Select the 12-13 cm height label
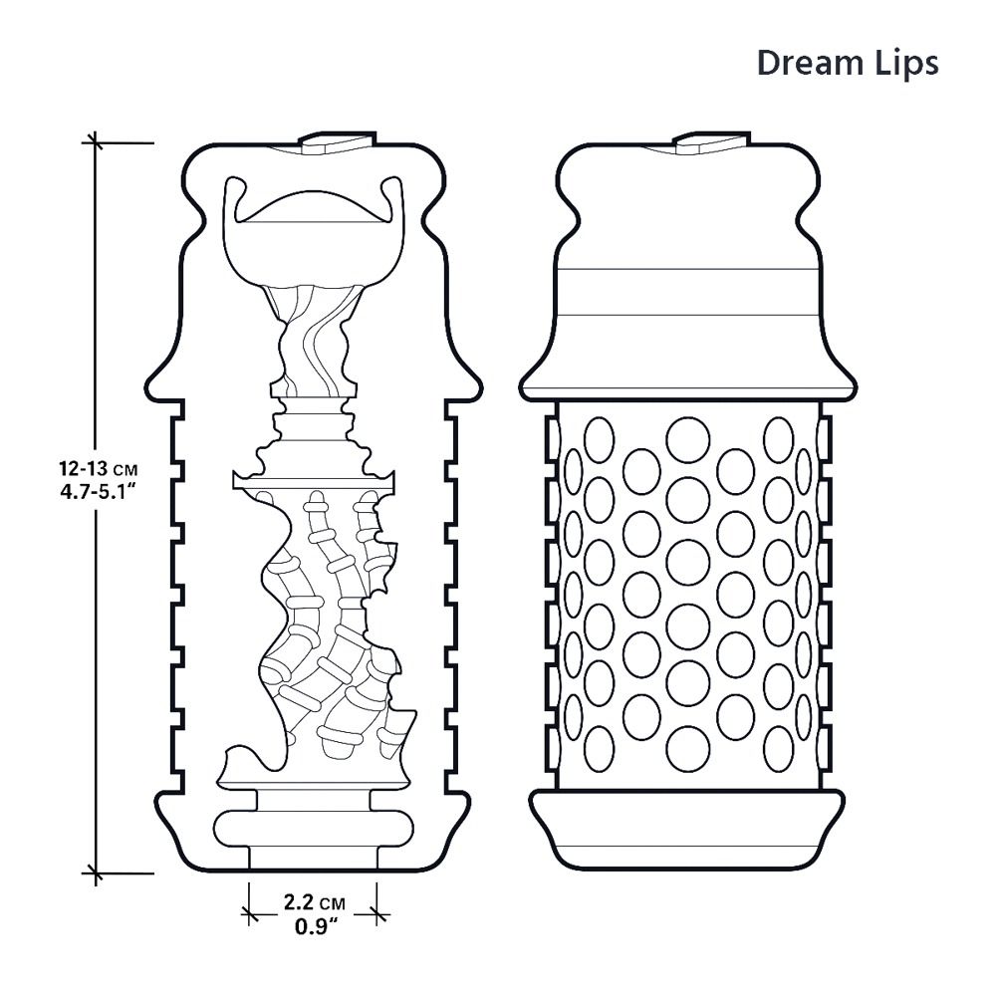96,467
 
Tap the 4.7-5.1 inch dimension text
96,491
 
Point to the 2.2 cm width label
312,903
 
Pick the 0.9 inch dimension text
312,926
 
